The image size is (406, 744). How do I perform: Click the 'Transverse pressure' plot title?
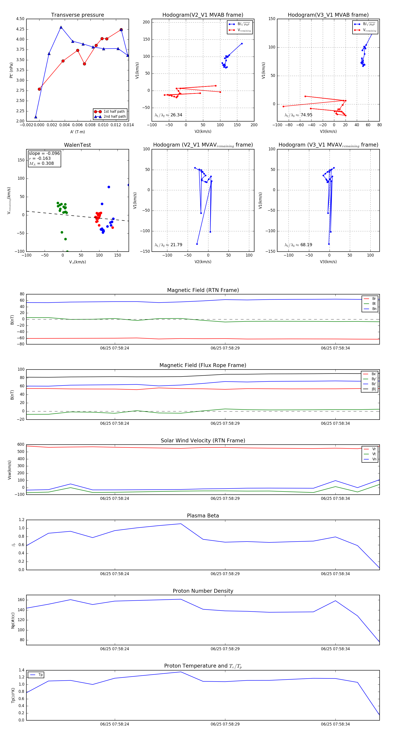pyautogui.click(x=77, y=15)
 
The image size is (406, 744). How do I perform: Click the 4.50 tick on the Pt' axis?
pyautogui.click(x=20, y=19)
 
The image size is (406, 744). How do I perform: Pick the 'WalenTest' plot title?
pyautogui.click(x=77, y=145)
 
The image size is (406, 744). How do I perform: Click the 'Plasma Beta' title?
pyautogui.click(x=203, y=516)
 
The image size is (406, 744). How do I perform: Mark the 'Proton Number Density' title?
pyautogui.click(x=203, y=591)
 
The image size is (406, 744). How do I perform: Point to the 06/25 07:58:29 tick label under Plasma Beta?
pyautogui.click(x=225, y=574)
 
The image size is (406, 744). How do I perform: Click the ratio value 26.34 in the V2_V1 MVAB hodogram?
pyautogui.click(x=176, y=115)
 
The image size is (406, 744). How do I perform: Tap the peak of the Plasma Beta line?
pyautogui.click(x=181, y=524)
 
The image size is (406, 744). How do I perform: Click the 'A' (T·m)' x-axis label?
pyautogui.click(x=77, y=132)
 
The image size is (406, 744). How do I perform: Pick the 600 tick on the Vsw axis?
pyautogui.click(x=21, y=445)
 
